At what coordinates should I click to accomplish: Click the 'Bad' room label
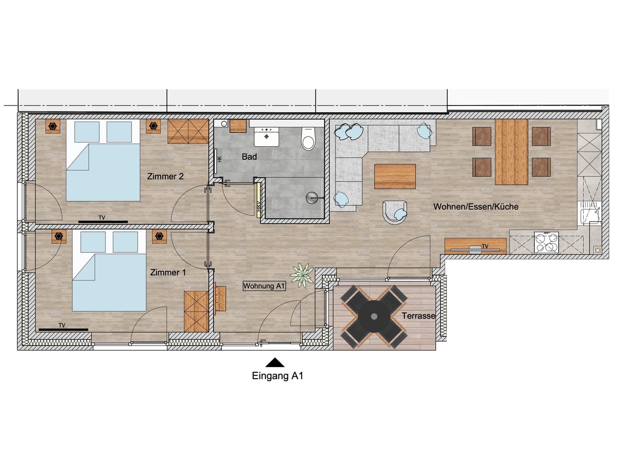[x=249, y=157]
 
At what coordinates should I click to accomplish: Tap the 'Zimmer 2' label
[x=165, y=177]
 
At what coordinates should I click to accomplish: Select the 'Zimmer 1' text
[x=168, y=273]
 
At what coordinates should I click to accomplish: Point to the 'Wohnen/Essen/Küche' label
[x=476, y=207]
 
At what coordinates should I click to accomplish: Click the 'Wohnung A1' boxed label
[x=264, y=286]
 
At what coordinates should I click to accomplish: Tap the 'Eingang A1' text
[x=277, y=376]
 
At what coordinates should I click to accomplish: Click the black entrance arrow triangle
[x=275, y=362]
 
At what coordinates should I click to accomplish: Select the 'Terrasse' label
[x=418, y=315]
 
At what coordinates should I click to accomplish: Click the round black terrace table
[x=374, y=316]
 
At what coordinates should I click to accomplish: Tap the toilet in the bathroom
[x=309, y=138]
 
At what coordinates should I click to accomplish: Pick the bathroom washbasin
[x=267, y=136]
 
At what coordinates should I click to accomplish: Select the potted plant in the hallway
[x=302, y=275]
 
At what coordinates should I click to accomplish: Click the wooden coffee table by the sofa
[x=395, y=177]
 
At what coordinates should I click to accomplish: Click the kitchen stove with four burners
[x=546, y=242]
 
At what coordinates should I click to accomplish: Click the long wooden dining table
[x=512, y=152]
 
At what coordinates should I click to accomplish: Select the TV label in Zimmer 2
[x=102, y=218]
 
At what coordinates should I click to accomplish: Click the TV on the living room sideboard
[x=475, y=250]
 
